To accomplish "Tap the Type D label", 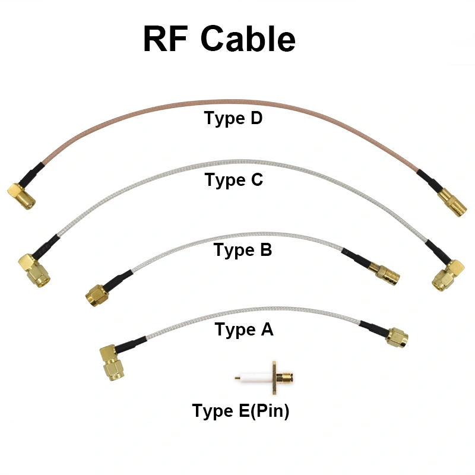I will pos(233,118).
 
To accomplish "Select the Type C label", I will pos(233,179).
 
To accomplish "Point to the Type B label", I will pos(243,250).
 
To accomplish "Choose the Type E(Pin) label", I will pos(240,411).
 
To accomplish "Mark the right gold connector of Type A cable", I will pos(397,337).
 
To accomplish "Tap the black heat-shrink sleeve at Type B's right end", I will pos(356,259).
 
